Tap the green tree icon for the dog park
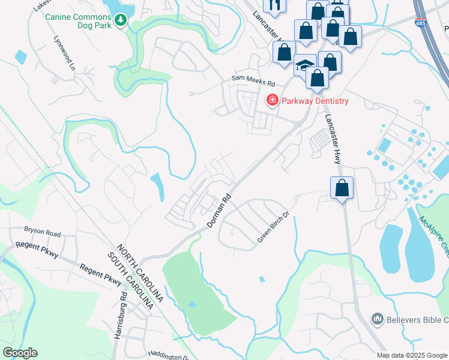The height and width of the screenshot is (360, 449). [x=121, y=20]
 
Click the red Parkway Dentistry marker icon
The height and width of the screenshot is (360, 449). [x=272, y=100]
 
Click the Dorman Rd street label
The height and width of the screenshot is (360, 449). [x=219, y=211]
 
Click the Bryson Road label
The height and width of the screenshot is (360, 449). [x=42, y=230]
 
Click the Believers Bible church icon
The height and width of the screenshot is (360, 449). [x=378, y=318]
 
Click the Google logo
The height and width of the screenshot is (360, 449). [x=20, y=353]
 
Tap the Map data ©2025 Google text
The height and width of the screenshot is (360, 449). [x=411, y=355]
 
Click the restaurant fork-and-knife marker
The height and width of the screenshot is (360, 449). [x=275, y=5]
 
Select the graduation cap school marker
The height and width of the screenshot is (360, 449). [x=306, y=65]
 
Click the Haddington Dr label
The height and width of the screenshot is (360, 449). [x=169, y=356]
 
